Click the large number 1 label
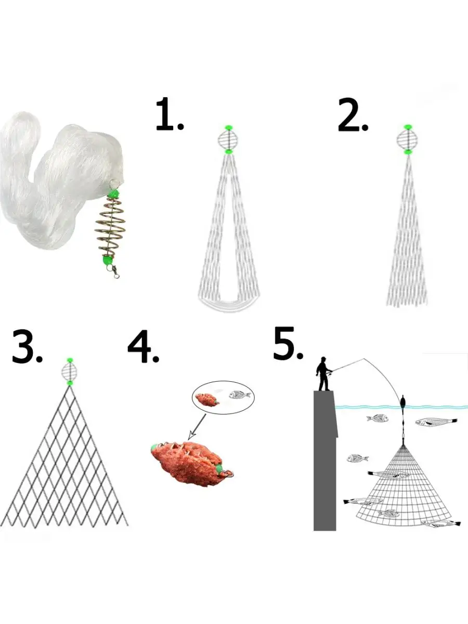click(x=170, y=114)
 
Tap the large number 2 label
click(x=353, y=114)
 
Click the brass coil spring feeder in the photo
click(x=109, y=227)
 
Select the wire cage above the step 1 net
click(x=228, y=139)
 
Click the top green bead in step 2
click(x=408, y=127)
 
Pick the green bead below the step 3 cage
click(x=69, y=383)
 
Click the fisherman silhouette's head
click(x=323, y=360)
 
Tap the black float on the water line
click(x=402, y=402)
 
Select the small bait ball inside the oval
click(x=207, y=400)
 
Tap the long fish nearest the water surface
click(x=436, y=422)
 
